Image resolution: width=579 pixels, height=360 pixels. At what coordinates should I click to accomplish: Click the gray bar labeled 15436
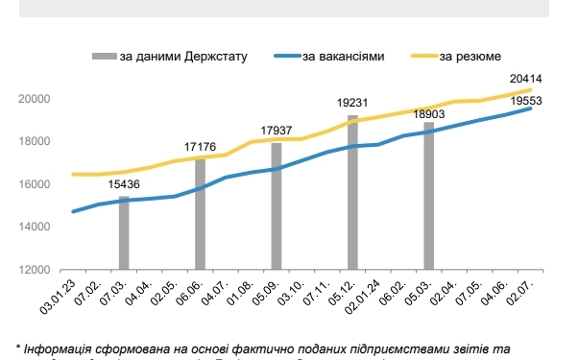124,232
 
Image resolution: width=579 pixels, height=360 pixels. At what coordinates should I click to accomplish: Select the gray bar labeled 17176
200,214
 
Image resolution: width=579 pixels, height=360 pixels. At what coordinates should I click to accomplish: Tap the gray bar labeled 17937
277,205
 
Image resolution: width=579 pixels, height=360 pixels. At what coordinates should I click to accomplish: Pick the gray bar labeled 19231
352,192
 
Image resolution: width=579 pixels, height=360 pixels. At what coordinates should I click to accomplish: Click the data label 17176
200,147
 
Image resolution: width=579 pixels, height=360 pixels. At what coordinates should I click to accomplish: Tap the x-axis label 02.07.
522,291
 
